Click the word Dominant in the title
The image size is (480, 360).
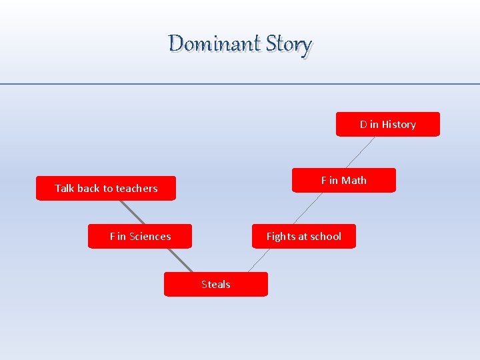coord(214,44)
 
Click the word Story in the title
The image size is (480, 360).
coord(288,45)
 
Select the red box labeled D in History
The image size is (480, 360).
coord(387,125)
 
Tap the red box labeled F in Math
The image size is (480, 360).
coord(343,181)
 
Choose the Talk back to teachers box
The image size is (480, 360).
coord(106,189)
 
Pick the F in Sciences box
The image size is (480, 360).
coord(140,237)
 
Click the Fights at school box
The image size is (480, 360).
coord(303,237)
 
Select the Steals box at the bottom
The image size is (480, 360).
coord(215,285)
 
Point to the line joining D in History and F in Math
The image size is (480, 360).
coord(360,153)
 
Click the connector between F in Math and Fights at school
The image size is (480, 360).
coord(307,209)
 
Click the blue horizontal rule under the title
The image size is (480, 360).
coord(240,84)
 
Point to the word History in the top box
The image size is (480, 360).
coord(399,125)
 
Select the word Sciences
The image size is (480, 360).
coord(150,237)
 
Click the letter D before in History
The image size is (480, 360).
coord(363,125)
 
